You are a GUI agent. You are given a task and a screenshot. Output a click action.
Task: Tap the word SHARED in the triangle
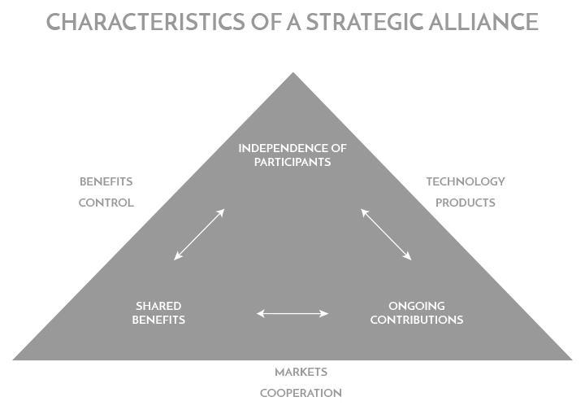pyautogui.click(x=158, y=306)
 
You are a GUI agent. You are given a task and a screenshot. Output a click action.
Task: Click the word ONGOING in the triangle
pyautogui.click(x=416, y=306)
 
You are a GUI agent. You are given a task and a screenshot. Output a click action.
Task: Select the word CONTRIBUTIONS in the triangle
pyautogui.click(x=416, y=320)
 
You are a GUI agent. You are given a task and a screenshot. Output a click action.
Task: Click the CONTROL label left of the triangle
pyautogui.click(x=106, y=203)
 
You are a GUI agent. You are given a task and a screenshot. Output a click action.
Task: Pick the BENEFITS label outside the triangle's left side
pyautogui.click(x=106, y=181)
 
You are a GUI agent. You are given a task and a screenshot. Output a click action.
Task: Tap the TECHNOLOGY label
pyautogui.click(x=466, y=181)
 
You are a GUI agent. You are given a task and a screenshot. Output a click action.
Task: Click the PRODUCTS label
pyautogui.click(x=466, y=203)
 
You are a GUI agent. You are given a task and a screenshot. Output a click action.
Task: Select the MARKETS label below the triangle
pyautogui.click(x=301, y=372)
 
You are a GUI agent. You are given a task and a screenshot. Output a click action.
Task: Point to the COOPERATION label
pyautogui.click(x=301, y=393)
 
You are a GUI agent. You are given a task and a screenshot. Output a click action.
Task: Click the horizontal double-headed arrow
pyautogui.click(x=292, y=312)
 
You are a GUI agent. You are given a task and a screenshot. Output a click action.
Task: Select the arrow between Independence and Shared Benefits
pyautogui.click(x=199, y=234)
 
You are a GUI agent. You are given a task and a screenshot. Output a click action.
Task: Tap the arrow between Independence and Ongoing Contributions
pyautogui.click(x=386, y=234)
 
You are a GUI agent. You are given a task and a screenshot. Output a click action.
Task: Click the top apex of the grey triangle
pyautogui.click(x=293, y=74)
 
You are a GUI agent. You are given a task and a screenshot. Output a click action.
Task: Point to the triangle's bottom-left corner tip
pyautogui.click(x=14, y=359)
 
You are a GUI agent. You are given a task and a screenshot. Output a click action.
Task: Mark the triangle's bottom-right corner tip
pyautogui.click(x=571, y=359)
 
